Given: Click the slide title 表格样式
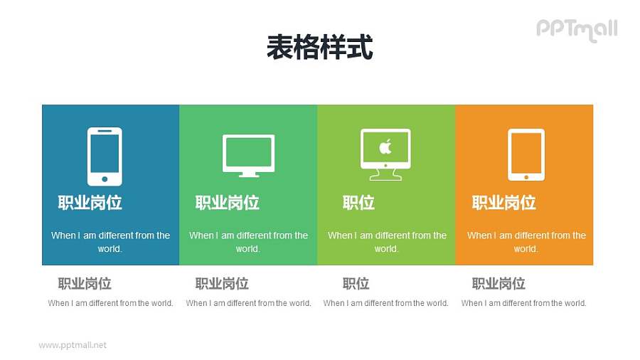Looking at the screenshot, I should (319, 48).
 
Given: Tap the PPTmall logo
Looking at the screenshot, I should (576, 29).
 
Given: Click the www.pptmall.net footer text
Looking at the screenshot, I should (73, 345).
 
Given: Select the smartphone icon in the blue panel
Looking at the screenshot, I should (105, 157).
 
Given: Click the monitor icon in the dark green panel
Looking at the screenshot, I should (248, 154).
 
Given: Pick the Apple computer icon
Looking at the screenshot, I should (385, 154).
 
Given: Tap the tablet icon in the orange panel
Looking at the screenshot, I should (526, 154).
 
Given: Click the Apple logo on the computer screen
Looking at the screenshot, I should (385, 147).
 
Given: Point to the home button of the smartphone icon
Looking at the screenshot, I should (105, 179).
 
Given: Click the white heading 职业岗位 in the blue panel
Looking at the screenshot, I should (90, 203).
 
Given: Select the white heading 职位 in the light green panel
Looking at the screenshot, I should (358, 203).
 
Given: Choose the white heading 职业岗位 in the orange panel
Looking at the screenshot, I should (503, 203).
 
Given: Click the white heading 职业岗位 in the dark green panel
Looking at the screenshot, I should (228, 203).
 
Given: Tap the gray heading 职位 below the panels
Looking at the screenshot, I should (356, 284).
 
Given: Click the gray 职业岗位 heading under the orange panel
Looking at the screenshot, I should (498, 284).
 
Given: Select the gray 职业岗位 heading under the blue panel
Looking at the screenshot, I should (85, 284).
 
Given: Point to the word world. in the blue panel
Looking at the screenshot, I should (110, 249).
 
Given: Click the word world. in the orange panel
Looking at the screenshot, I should (526, 249).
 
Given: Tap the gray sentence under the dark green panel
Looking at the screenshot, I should (248, 303).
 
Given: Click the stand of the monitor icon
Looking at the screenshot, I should (248, 173).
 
